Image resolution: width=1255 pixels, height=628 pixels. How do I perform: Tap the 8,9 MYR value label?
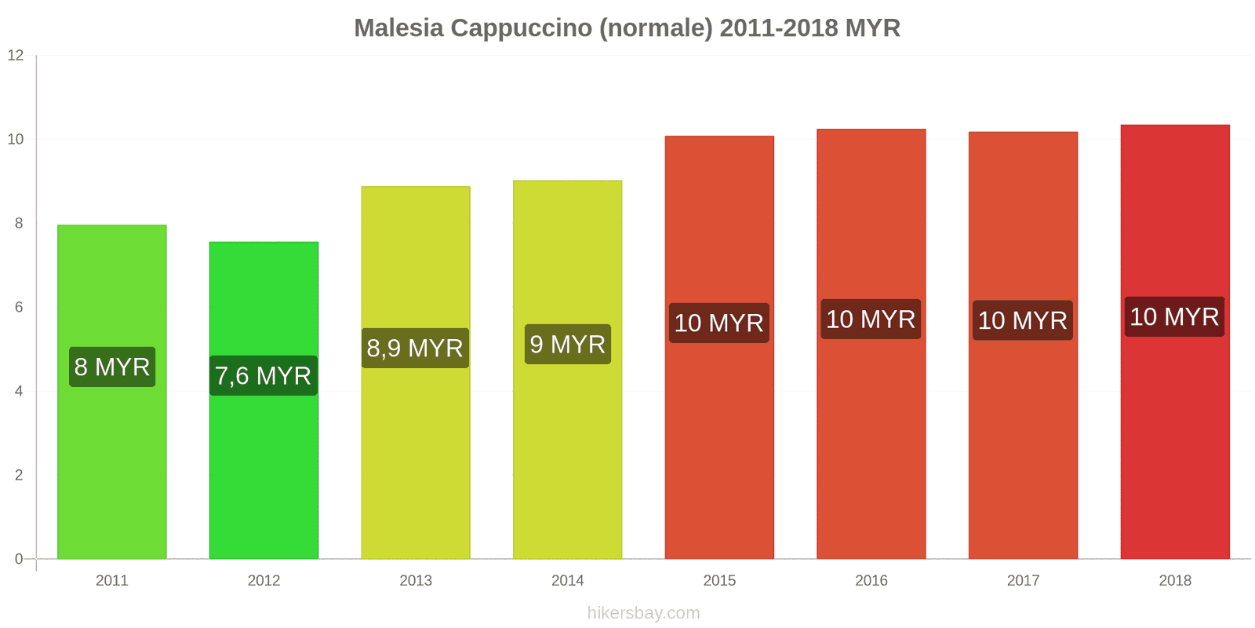point(415,348)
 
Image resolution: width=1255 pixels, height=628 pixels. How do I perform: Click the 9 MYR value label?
point(567,344)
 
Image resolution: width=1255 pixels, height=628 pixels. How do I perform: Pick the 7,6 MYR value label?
point(264,375)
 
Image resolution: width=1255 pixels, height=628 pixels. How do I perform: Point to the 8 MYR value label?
point(112,367)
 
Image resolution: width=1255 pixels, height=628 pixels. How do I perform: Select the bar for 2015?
point(719,455)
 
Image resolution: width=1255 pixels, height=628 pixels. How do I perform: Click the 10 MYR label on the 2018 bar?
point(1174,316)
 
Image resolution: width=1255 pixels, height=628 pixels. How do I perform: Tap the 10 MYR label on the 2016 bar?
point(871,319)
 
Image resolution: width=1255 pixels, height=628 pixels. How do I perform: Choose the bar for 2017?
point(1023,455)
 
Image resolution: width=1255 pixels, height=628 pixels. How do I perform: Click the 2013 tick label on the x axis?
point(416,580)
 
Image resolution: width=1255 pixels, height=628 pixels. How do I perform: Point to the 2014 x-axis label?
point(567,580)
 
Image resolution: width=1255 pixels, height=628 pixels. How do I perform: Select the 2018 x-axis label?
point(1174,580)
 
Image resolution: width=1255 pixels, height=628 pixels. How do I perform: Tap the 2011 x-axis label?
point(112,580)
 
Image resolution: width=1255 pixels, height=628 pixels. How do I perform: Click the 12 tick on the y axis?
point(16,55)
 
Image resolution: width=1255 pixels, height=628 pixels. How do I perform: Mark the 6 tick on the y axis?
point(19,307)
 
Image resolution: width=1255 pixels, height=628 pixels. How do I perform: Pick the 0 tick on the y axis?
point(19,559)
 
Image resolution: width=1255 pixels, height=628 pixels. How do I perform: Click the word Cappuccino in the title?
point(522,28)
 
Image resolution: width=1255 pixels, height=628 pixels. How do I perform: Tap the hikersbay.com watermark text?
point(643,612)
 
